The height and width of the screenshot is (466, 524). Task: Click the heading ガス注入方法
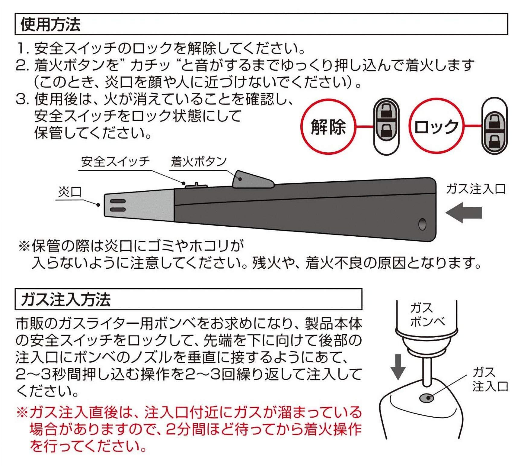point(66,299)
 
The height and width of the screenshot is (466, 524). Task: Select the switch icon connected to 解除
point(386,126)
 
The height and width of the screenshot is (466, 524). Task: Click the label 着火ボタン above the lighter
point(199,162)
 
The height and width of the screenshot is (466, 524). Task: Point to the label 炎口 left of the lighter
point(70,192)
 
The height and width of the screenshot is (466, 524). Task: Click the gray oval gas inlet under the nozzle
point(427,398)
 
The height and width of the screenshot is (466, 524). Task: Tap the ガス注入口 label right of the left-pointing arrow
point(476,189)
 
